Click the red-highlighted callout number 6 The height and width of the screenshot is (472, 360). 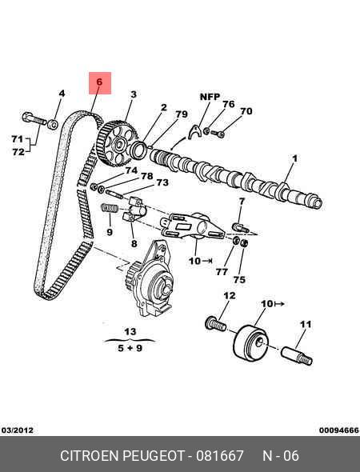click(99, 82)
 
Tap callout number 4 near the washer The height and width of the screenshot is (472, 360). click(62, 94)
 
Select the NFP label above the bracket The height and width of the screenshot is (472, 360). click(210, 97)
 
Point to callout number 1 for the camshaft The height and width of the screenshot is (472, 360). click(295, 158)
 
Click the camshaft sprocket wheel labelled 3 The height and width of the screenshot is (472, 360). click(118, 143)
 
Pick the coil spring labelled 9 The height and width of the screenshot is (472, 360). click(110, 208)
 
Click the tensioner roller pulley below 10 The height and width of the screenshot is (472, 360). click(251, 342)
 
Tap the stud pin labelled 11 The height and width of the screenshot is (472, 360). click(297, 355)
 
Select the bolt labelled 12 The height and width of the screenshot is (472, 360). click(215, 324)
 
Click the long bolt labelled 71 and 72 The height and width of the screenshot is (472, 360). click(34, 118)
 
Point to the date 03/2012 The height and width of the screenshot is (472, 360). click(18, 430)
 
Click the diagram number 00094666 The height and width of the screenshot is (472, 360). click(339, 430)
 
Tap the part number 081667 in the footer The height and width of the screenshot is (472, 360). click(220, 455)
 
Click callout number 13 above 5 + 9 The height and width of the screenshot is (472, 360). click(130, 331)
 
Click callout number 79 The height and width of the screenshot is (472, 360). click(182, 114)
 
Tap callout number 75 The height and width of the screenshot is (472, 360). click(239, 280)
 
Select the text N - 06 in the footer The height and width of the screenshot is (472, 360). click(281, 455)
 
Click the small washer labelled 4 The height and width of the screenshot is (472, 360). click(53, 124)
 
